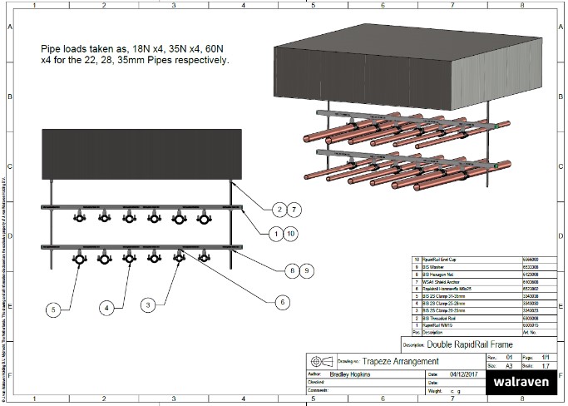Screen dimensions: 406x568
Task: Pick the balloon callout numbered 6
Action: pyautogui.click(x=282, y=302)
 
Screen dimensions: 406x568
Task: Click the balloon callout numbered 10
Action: pyautogui.click(x=291, y=234)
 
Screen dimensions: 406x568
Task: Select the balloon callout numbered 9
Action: pyautogui.click(x=306, y=270)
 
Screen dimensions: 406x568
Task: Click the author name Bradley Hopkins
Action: pyautogui.click(x=353, y=374)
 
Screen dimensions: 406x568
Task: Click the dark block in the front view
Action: pyautogui.click(x=142, y=153)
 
